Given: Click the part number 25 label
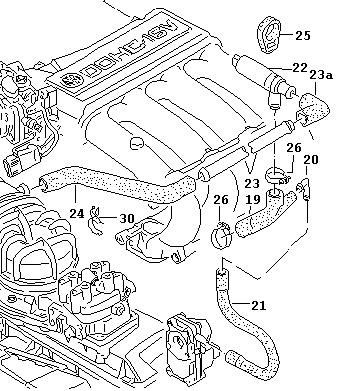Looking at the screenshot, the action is [303, 35].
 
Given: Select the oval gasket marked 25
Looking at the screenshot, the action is [269, 34].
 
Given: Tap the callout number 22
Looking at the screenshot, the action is [300, 68].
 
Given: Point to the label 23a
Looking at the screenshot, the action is [321, 75].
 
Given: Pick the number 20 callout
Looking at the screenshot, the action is [311, 160].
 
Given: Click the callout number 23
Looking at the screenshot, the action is [252, 184].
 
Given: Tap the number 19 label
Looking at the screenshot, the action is [252, 200].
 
